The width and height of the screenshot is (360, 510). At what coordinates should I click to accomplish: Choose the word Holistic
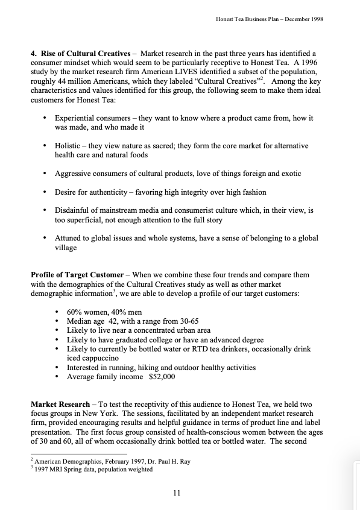[68, 146]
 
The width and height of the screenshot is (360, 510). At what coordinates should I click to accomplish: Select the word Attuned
[69, 238]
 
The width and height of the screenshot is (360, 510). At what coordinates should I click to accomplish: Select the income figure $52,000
[162, 376]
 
